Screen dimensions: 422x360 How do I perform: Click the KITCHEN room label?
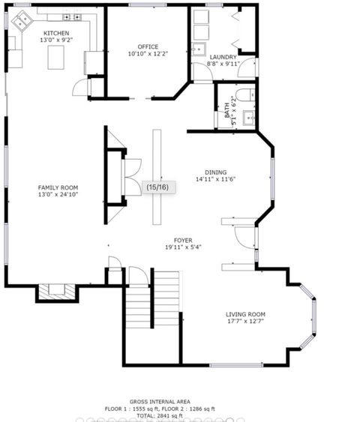pyautogui.click(x=56, y=34)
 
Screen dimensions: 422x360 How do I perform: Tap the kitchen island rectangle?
pyautogui.click(x=56, y=57)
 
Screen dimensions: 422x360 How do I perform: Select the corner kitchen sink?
pyautogui.click(x=20, y=22)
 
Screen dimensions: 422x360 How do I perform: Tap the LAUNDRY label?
pyautogui.click(x=223, y=57)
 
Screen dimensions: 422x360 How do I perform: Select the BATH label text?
pyautogui.click(x=226, y=110)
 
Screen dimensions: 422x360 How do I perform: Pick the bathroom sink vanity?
pyautogui.click(x=249, y=117)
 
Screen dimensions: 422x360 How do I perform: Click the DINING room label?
pyautogui.click(x=215, y=172)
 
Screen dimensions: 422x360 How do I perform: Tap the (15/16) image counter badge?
pyautogui.click(x=157, y=187)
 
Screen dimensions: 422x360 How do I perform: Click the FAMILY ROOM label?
pyautogui.click(x=58, y=187)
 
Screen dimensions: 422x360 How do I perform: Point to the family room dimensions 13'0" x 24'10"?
pyautogui.click(x=58, y=195)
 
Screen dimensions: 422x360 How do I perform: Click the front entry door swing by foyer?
pyautogui.click(x=244, y=235)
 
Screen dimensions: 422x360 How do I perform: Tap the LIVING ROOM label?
pyautogui.click(x=245, y=314)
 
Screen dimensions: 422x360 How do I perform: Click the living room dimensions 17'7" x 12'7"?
pyautogui.click(x=245, y=322)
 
